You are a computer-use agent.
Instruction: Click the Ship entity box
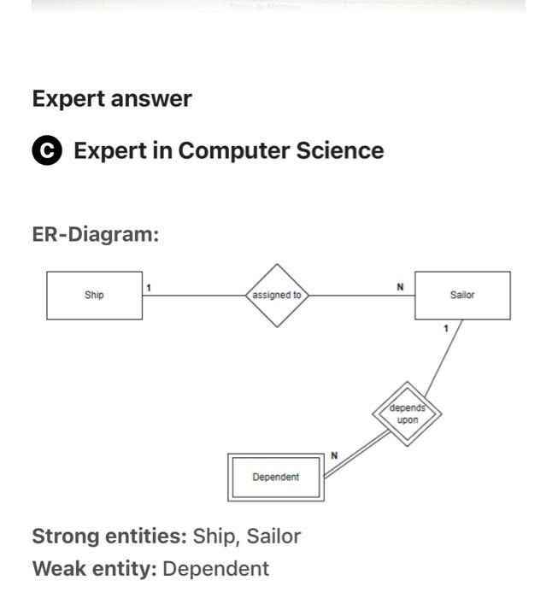pyautogui.click(x=94, y=296)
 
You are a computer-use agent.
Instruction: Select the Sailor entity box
pyautogui.click(x=462, y=296)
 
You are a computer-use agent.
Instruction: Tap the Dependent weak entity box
pyautogui.click(x=275, y=477)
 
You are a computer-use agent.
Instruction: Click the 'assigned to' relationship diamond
pyautogui.click(x=277, y=296)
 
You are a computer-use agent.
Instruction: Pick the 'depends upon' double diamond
pyautogui.click(x=408, y=414)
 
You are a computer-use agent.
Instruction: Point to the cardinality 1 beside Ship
pyautogui.click(x=149, y=288)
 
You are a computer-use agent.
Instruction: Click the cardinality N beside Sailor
pyautogui.click(x=400, y=287)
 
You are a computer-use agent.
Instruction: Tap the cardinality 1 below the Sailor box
pyautogui.click(x=445, y=329)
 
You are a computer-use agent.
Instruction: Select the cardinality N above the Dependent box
pyautogui.click(x=333, y=456)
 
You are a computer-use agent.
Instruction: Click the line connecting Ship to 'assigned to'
pyautogui.click(x=195, y=296)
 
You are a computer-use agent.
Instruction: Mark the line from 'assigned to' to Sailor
pyautogui.click(x=359, y=296)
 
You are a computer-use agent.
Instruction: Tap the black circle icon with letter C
pyautogui.click(x=47, y=151)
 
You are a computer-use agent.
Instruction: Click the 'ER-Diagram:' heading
pyautogui.click(x=96, y=234)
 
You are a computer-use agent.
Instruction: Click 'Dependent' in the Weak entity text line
pyautogui.click(x=215, y=569)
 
